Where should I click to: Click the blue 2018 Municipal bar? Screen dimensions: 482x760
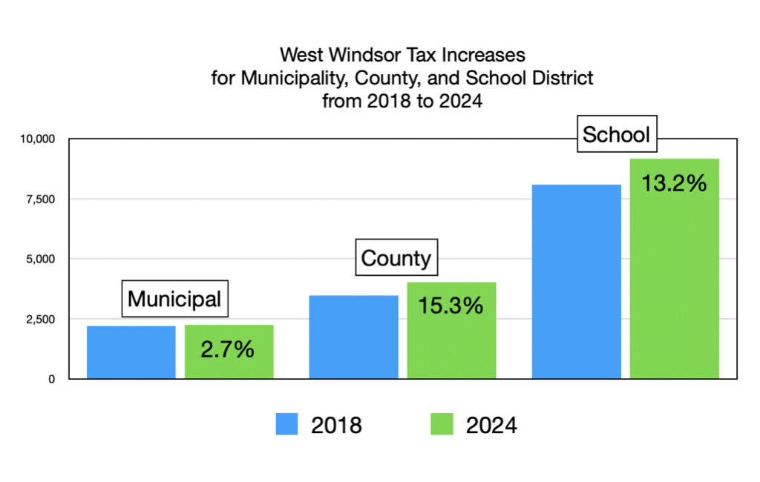pyautogui.click(x=131, y=352)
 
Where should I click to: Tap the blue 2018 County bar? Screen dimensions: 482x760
pyautogui.click(x=353, y=337)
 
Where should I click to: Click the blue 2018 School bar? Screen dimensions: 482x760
pyautogui.click(x=577, y=282)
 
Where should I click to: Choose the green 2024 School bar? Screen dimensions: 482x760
pyautogui.click(x=674, y=289)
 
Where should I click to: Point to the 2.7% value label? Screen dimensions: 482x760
pyautogui.click(x=228, y=349)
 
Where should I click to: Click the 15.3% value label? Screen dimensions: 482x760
pyautogui.click(x=451, y=304)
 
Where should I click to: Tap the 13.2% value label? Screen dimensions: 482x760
pyautogui.click(x=674, y=183)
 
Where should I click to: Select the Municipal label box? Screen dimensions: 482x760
pyautogui.click(x=174, y=299)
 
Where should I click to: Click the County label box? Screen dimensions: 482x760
pyautogui.click(x=396, y=258)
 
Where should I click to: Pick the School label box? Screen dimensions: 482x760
pyautogui.click(x=616, y=135)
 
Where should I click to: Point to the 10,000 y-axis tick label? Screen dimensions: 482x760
pyautogui.click(x=36, y=139)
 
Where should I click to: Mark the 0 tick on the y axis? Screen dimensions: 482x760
pyautogui.click(x=51, y=379)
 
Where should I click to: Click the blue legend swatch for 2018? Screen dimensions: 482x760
pyautogui.click(x=286, y=425)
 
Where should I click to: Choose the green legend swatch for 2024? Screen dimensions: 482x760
pyautogui.click(x=441, y=425)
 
